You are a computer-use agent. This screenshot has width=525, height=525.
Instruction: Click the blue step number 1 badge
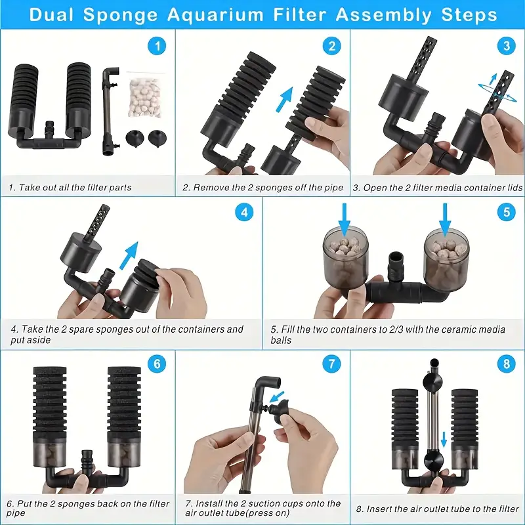pyautogui.click(x=156, y=46)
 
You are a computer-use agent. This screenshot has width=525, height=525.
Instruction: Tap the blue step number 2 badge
pyautogui.click(x=332, y=46)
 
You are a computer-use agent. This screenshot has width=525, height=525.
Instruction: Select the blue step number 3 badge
pyautogui.click(x=505, y=46)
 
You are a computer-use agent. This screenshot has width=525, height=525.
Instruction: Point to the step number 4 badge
pyautogui.click(x=244, y=213)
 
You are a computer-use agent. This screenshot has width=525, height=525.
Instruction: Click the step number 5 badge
pyautogui.click(x=505, y=213)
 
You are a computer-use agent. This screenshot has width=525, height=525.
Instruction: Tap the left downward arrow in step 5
pyautogui.click(x=345, y=216)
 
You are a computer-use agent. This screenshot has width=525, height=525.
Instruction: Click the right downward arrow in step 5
pyautogui.click(x=445, y=216)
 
